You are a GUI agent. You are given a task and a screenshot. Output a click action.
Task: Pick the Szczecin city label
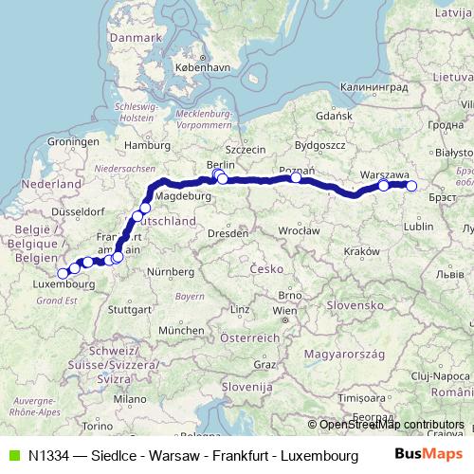coord(245,149)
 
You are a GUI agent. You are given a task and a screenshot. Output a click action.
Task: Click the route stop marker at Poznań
coord(296,177)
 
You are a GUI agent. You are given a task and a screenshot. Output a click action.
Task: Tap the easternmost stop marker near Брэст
coord(411,186)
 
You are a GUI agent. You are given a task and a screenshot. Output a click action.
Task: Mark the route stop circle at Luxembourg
coord(63,274)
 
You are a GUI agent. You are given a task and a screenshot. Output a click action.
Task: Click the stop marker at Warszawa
coord(384,186)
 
